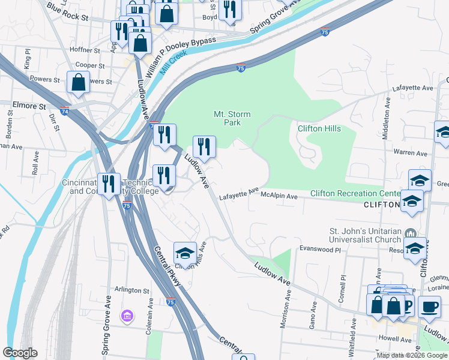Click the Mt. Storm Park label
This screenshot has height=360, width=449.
point(232,118)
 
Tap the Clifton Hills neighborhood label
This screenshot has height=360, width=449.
point(319,128)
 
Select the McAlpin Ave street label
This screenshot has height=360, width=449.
point(279,196)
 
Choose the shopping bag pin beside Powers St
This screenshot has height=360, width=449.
point(79,83)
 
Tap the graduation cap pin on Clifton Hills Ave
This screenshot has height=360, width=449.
point(185,254)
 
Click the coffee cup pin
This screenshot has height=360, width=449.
point(429,307)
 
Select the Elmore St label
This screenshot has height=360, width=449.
point(29,106)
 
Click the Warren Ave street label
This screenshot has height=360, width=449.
point(412,152)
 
